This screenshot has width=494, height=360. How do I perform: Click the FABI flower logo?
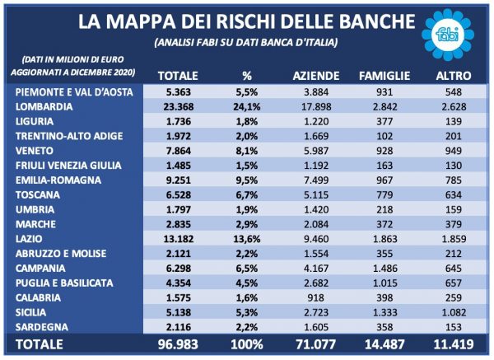(x=448, y=35)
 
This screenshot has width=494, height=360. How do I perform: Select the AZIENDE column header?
(x=316, y=76)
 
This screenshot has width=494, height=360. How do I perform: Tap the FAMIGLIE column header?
(x=384, y=76)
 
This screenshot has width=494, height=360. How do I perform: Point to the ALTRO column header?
(x=454, y=76)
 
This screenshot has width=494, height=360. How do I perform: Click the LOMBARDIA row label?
(x=44, y=106)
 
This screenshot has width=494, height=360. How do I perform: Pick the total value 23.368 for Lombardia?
(x=179, y=106)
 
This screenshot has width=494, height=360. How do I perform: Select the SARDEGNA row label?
(x=42, y=327)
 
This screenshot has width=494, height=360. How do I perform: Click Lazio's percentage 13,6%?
(x=247, y=239)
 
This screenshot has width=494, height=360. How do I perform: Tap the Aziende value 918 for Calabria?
(x=316, y=297)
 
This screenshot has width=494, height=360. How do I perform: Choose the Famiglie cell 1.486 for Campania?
(x=384, y=269)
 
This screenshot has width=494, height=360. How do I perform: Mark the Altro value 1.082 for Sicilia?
(x=454, y=312)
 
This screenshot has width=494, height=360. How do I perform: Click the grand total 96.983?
(x=178, y=344)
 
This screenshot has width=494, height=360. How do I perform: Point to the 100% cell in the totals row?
(x=247, y=344)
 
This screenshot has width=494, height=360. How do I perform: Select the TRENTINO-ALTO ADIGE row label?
(x=69, y=136)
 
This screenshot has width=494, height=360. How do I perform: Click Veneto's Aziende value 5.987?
(x=316, y=151)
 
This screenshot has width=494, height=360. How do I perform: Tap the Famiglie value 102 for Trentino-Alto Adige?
(x=384, y=136)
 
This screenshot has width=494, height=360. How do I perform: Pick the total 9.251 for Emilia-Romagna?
(x=179, y=180)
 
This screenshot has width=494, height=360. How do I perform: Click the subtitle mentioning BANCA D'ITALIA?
(x=246, y=42)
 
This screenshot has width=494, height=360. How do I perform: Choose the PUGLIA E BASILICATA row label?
(x=64, y=283)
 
